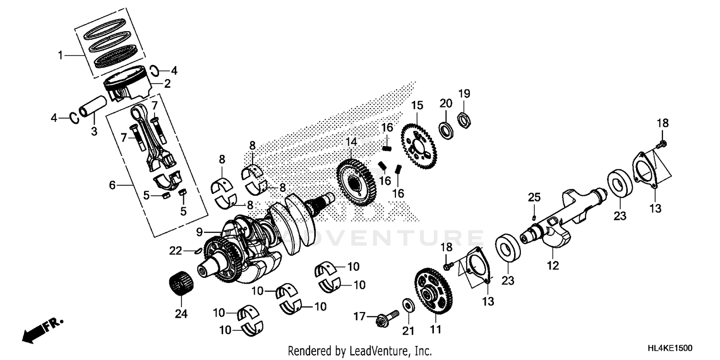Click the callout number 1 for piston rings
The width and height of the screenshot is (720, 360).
point(60,56)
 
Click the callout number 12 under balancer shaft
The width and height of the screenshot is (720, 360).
point(553,265)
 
